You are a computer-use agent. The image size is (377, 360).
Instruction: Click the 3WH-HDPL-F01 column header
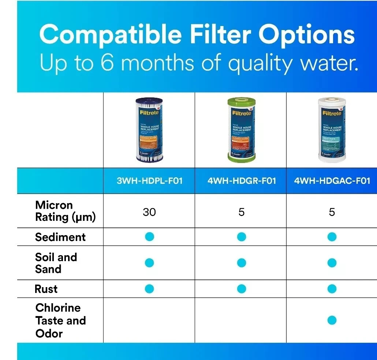pyautogui.click(x=149, y=181)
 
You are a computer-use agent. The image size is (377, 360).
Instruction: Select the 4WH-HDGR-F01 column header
pyautogui.click(x=242, y=181)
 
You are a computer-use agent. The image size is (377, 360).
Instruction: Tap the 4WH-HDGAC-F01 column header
pyautogui.click(x=332, y=181)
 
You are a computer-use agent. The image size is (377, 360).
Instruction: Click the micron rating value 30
pyautogui.click(x=149, y=212)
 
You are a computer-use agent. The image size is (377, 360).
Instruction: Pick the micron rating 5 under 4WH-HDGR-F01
pyautogui.click(x=242, y=212)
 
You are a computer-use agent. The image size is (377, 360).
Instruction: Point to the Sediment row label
pyautogui.click(x=60, y=237)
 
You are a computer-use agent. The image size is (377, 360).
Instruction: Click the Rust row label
pyautogui.click(x=46, y=289)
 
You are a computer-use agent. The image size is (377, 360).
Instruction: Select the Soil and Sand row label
pyautogui.click(x=56, y=263)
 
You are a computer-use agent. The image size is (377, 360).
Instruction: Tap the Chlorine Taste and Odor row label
pyautogui.click(x=60, y=320)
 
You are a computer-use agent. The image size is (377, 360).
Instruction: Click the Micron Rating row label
pyautogui.click(x=65, y=211)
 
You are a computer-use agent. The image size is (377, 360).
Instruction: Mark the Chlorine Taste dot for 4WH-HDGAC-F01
pyautogui.click(x=332, y=320)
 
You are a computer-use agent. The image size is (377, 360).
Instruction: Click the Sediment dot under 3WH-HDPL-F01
pyautogui.click(x=149, y=237)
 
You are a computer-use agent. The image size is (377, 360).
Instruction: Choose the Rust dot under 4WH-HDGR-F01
pyautogui.click(x=242, y=289)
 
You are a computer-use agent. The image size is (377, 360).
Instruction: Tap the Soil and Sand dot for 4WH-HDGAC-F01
pyautogui.click(x=332, y=263)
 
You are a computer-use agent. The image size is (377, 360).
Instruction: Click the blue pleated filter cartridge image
pyautogui.click(x=149, y=130)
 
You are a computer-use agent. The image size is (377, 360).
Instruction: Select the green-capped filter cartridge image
pyautogui.click(x=242, y=130)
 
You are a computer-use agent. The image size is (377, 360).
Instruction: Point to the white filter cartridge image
pyautogui.click(x=332, y=130)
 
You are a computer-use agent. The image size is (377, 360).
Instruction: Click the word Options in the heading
pyautogui.click(x=307, y=35)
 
